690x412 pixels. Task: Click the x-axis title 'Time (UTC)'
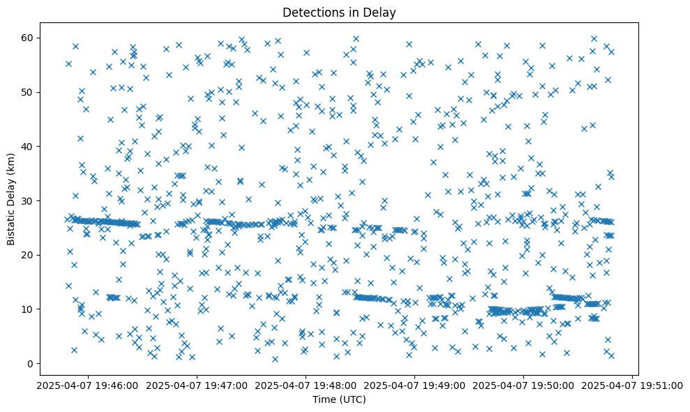pyautogui.click(x=338, y=399)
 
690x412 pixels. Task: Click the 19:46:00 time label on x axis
pyautogui.click(x=87, y=385)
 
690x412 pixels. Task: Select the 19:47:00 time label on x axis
pyautogui.click(x=197, y=385)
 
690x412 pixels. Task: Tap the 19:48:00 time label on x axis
pyautogui.click(x=306, y=385)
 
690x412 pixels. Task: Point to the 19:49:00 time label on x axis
pyautogui.click(x=414, y=385)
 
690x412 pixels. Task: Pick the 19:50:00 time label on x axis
pyautogui.click(x=523, y=385)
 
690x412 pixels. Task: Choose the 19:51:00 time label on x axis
pyautogui.click(x=632, y=385)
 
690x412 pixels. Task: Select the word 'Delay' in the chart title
pyautogui.click(x=381, y=12)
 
